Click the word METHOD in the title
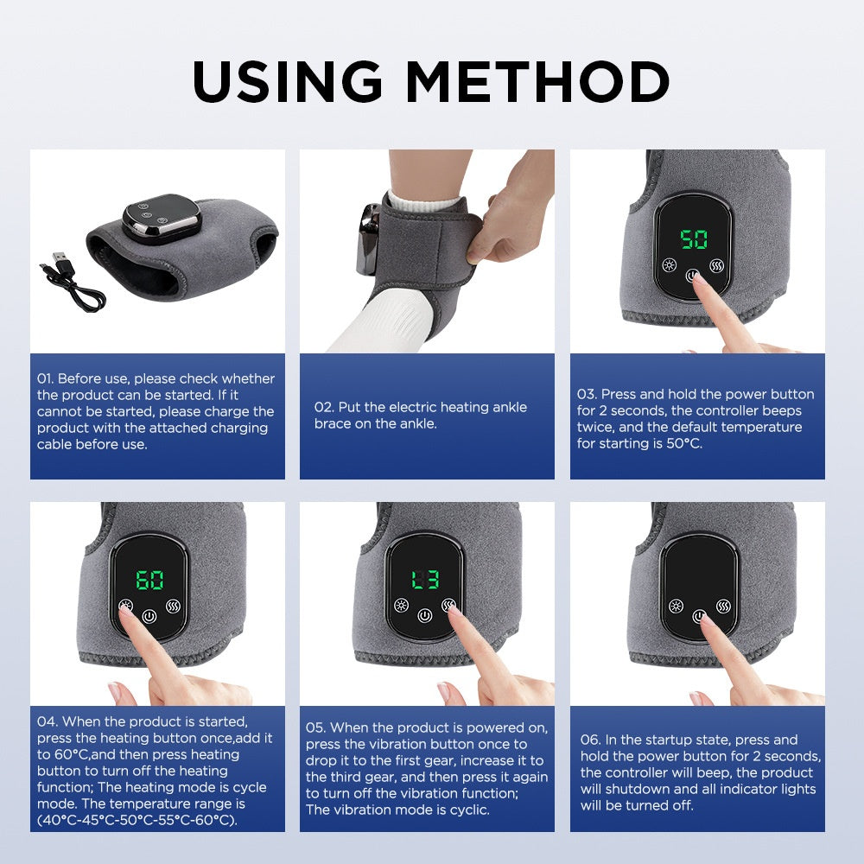tap(538, 82)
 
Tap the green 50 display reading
tap(693, 239)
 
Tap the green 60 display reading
tap(149, 580)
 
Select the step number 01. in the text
tap(46, 378)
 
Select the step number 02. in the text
tap(323, 407)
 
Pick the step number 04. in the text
tap(47, 721)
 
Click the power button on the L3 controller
tap(423, 617)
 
